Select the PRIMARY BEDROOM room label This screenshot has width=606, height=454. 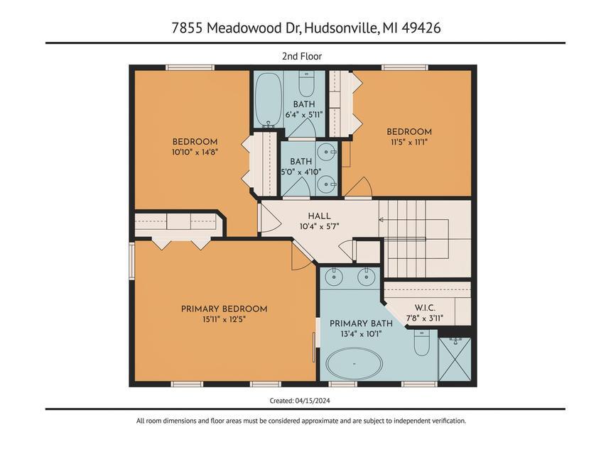pos(224,309)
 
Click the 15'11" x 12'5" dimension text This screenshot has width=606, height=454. pos(224,319)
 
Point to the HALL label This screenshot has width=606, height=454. pos(319,216)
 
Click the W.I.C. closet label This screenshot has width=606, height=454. pos(426,308)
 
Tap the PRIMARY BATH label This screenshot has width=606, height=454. pos(361,323)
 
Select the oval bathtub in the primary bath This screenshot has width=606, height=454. pos(354,364)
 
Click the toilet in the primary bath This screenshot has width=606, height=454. pos(421,345)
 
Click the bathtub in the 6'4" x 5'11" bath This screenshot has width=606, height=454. pos(268,100)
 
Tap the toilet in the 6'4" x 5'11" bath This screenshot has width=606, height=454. pos(306,84)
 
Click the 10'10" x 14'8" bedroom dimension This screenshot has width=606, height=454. pos(195,152)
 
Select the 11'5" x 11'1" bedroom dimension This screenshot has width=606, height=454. pos(408,142)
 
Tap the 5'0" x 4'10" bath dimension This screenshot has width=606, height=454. pos(301,172)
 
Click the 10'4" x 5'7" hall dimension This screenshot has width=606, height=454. pos(319,227)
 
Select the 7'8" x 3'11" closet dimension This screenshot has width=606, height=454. pos(426,319)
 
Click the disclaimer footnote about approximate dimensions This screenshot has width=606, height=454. pos(301,421)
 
